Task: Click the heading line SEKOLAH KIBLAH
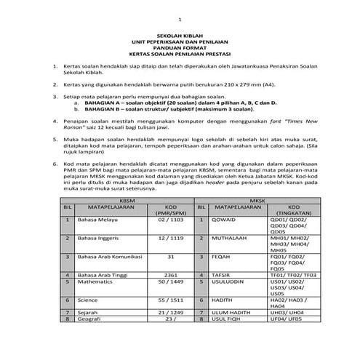180,34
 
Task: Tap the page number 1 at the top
180,17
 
